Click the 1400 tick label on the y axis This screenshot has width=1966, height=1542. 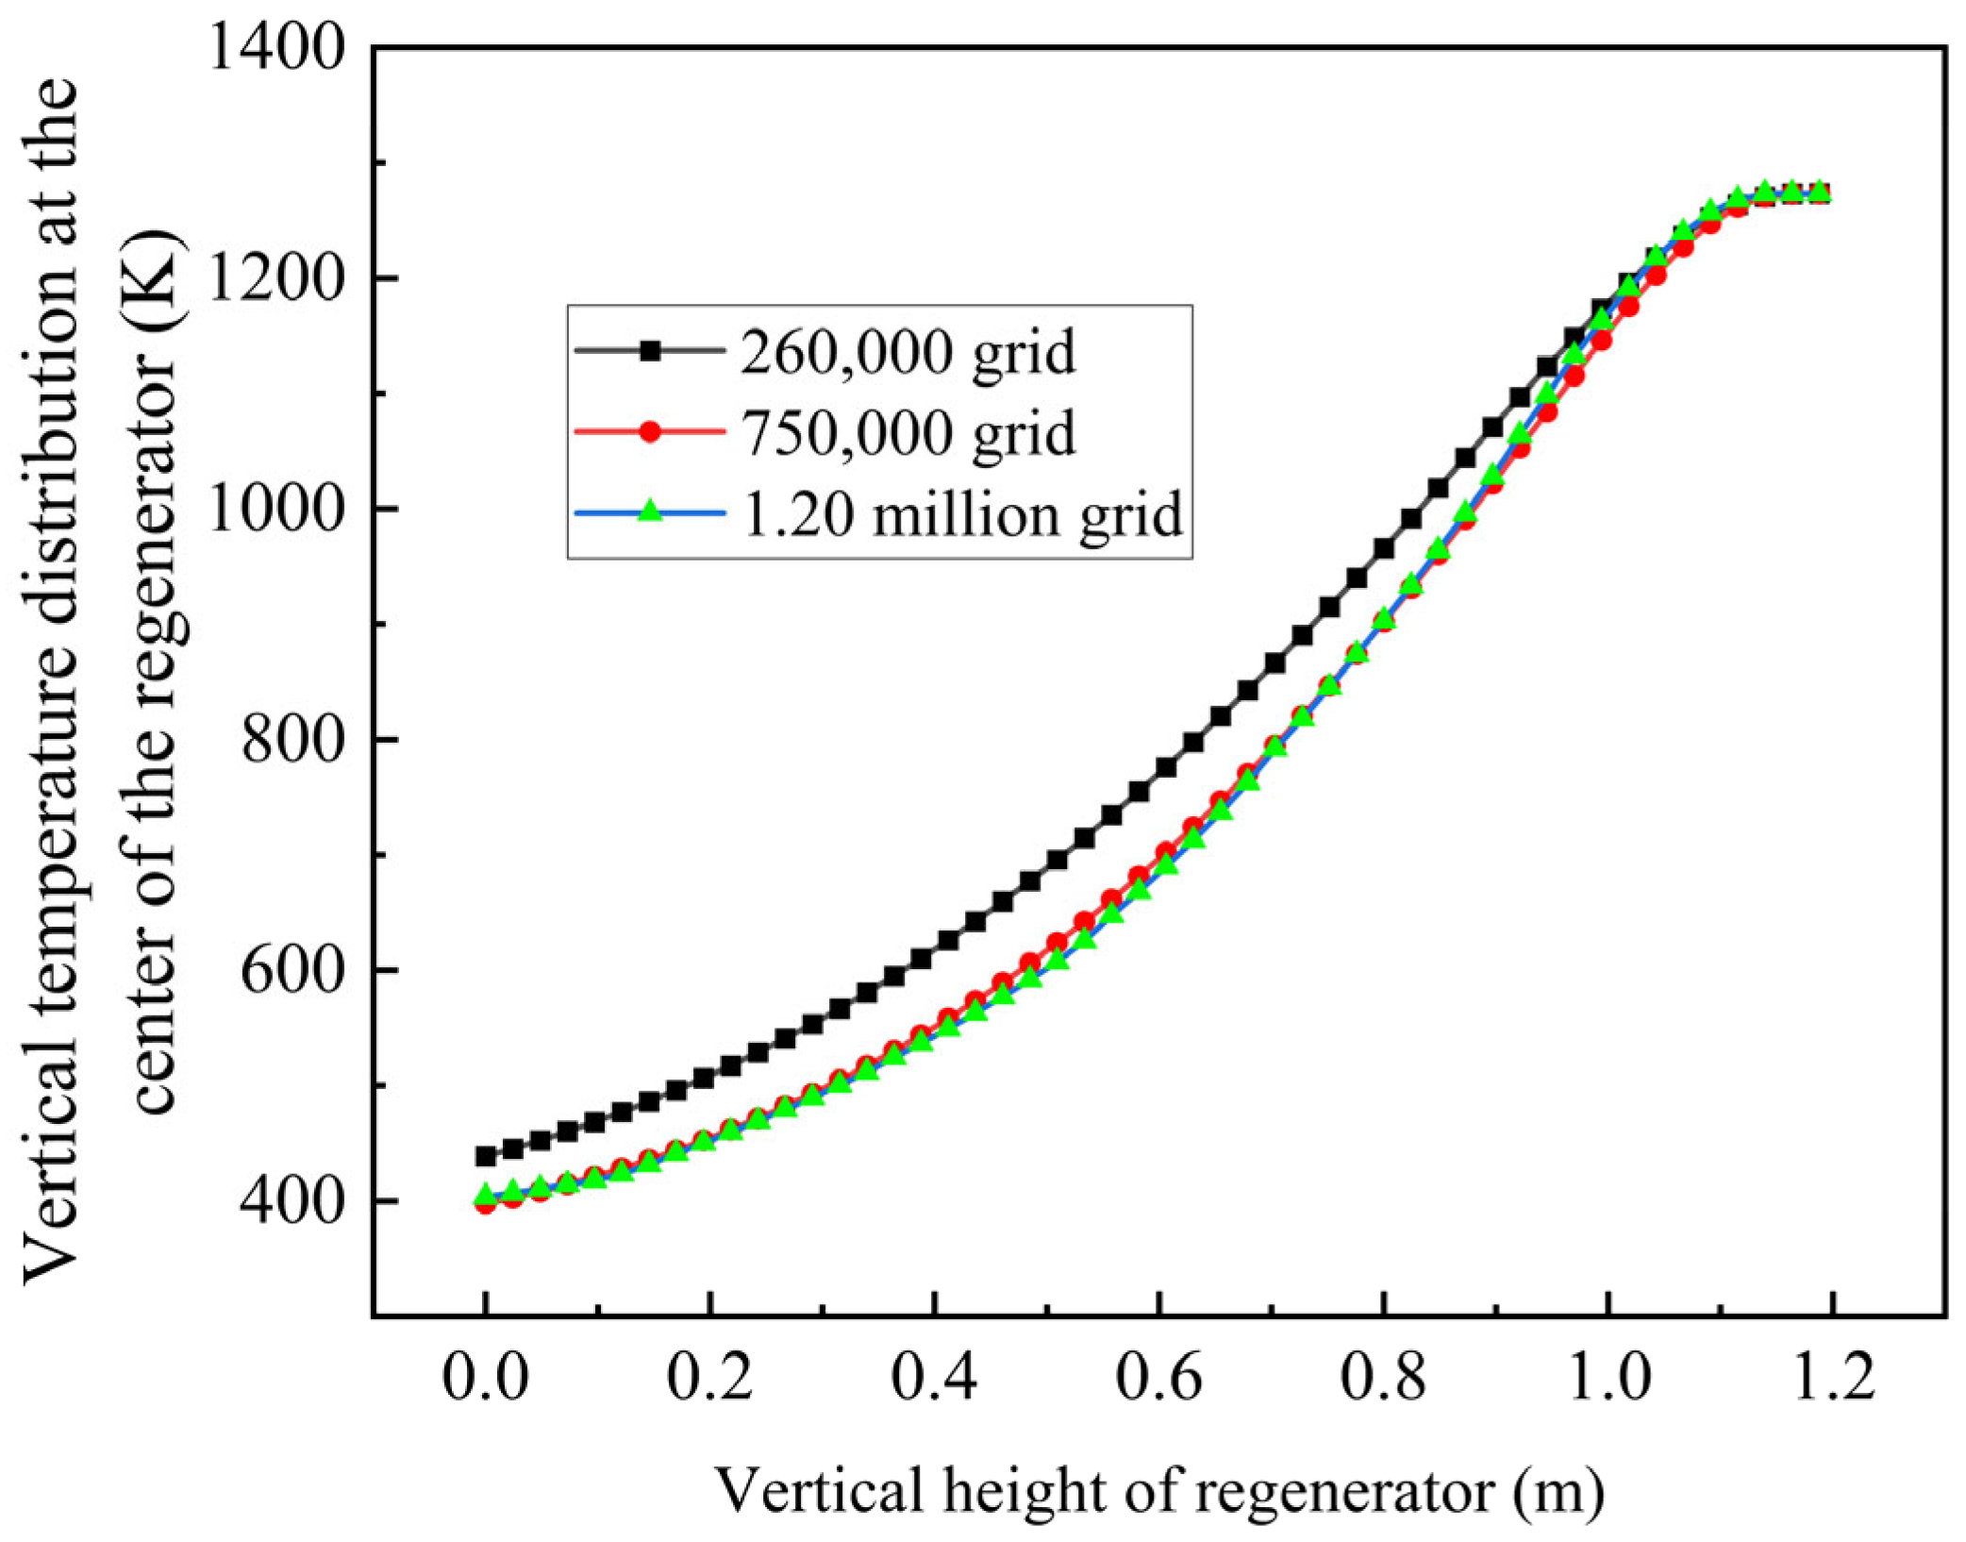coord(275,47)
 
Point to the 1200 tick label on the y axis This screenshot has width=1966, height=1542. coord(275,278)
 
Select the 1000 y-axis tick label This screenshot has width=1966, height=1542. coord(275,510)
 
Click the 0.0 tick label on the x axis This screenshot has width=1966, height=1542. coord(486,1378)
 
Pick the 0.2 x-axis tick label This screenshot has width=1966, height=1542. coord(710,1378)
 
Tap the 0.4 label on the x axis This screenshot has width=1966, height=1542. coord(935,1378)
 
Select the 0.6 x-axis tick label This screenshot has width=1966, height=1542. coord(1159,1378)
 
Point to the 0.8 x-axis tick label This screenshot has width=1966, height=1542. coord(1384,1378)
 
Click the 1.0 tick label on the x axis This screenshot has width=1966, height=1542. coord(1608,1378)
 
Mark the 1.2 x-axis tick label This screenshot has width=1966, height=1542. coord(1832,1378)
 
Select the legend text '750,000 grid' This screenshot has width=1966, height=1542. coord(908,434)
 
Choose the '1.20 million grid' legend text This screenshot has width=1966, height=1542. coord(962,515)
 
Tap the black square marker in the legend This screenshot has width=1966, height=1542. coord(650,351)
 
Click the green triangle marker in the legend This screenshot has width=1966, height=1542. coord(650,511)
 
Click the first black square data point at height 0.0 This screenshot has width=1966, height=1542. coord(486,1156)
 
